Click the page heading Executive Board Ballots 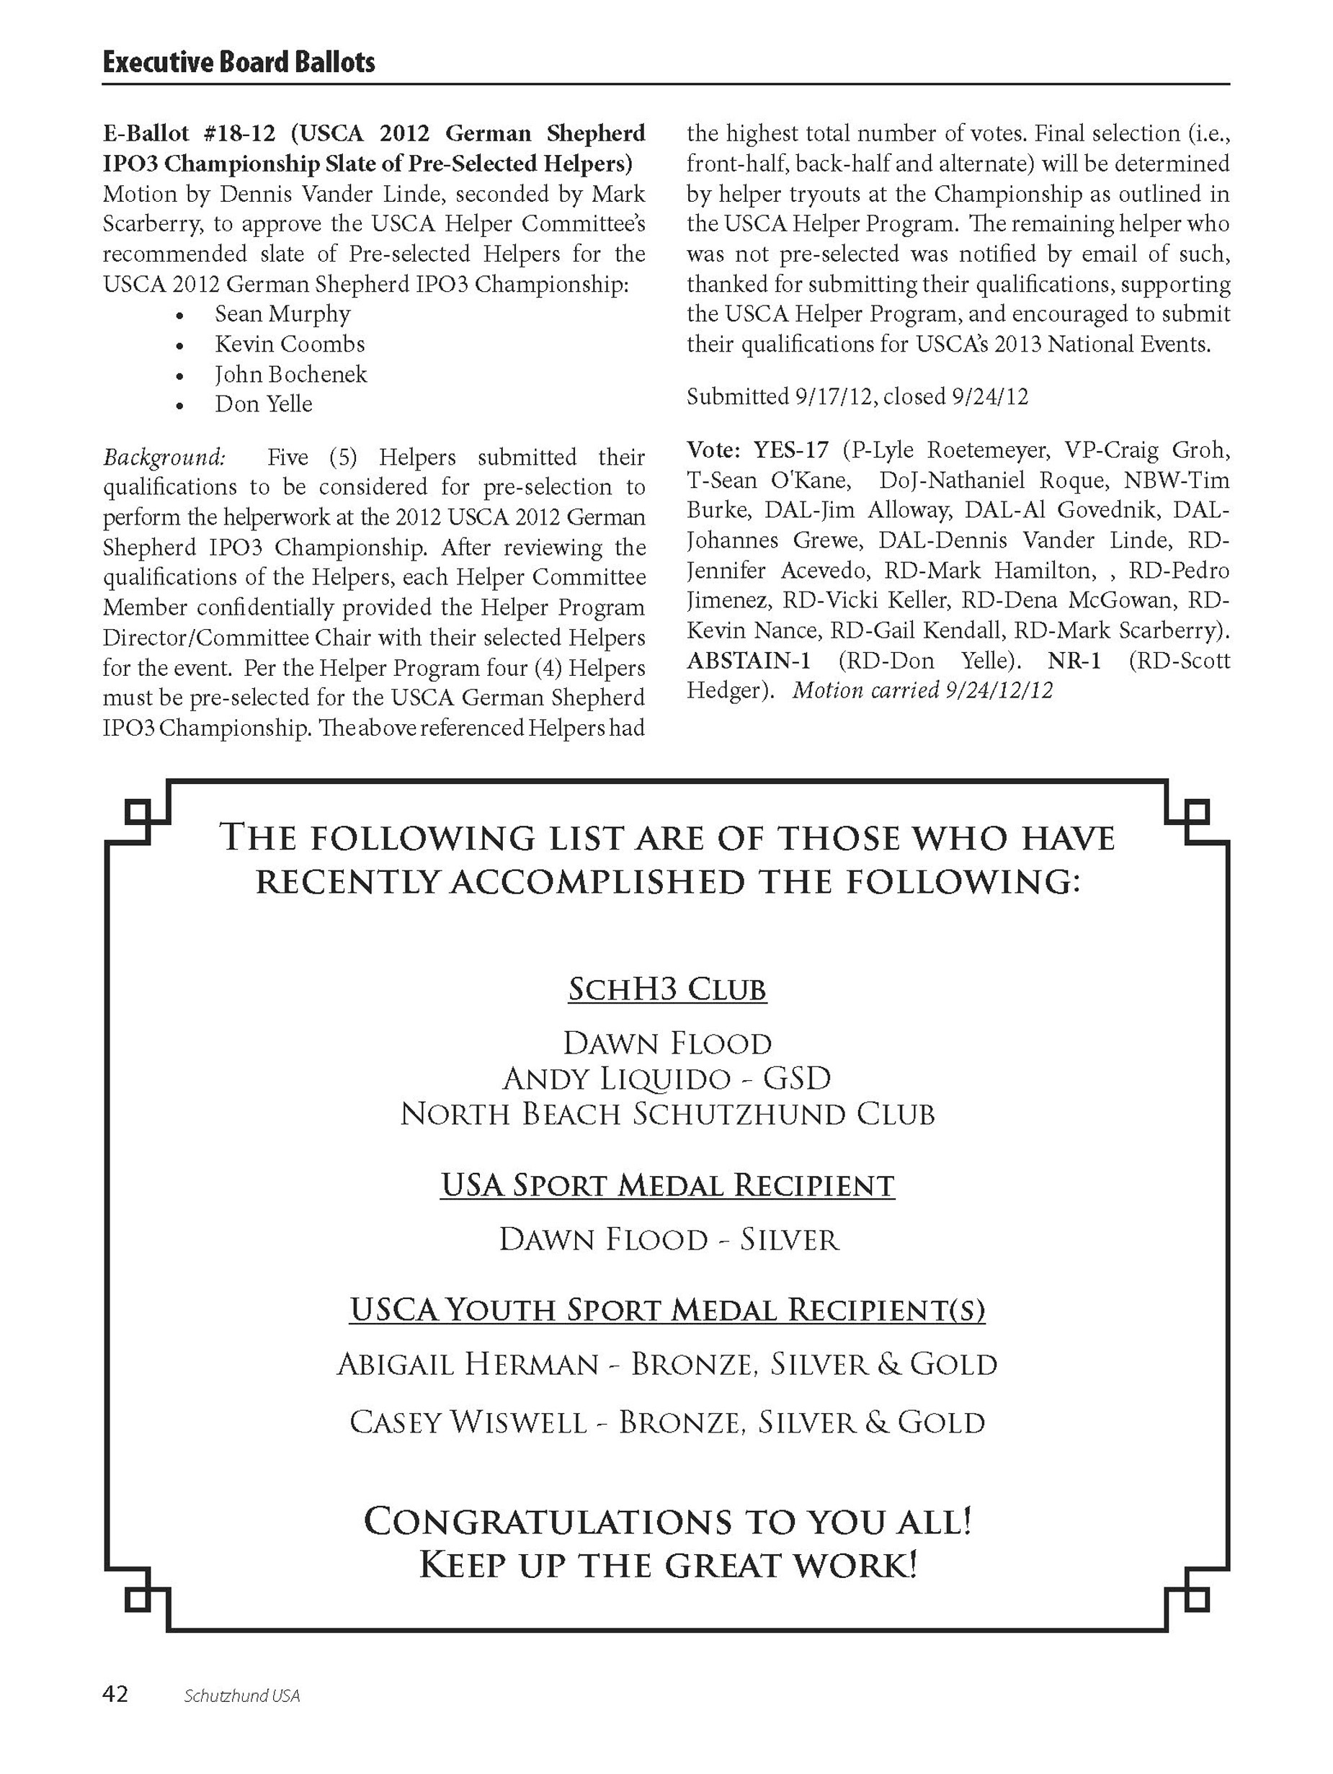[x=238, y=63]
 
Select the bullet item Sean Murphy [x=282, y=313]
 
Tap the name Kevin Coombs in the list [x=290, y=344]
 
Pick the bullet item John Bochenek [x=290, y=375]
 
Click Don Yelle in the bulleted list [x=263, y=404]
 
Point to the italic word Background [x=164, y=457]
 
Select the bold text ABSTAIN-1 [x=747, y=661]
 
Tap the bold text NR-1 [x=1074, y=661]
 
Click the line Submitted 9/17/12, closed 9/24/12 [x=857, y=397]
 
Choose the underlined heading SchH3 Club [x=666, y=989]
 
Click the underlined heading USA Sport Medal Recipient [x=666, y=1185]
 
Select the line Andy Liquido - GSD [x=666, y=1079]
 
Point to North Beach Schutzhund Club [x=666, y=1114]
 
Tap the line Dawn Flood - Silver [x=668, y=1240]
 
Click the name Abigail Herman [x=468, y=1364]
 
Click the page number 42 [x=115, y=1695]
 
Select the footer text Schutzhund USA [x=241, y=1696]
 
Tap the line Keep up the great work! [x=666, y=1565]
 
